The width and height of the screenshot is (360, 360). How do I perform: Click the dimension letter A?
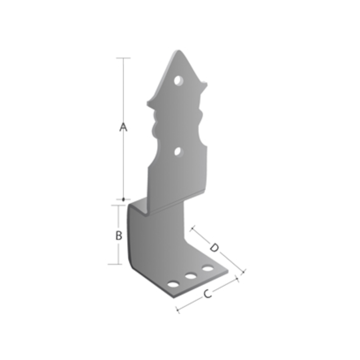[123, 127]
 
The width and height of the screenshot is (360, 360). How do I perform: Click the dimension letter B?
[119, 235]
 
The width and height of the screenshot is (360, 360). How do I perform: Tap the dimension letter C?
[208, 294]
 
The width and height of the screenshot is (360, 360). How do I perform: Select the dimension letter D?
[214, 248]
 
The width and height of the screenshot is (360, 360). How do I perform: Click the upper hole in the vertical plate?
[178, 81]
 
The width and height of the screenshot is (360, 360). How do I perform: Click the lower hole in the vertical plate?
[178, 152]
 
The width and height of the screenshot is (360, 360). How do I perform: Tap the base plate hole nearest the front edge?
[173, 285]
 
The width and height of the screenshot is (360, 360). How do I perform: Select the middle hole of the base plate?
[191, 276]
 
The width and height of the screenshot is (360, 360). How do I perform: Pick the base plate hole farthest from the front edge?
[208, 268]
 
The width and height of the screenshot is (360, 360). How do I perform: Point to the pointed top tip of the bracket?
[178, 50]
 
